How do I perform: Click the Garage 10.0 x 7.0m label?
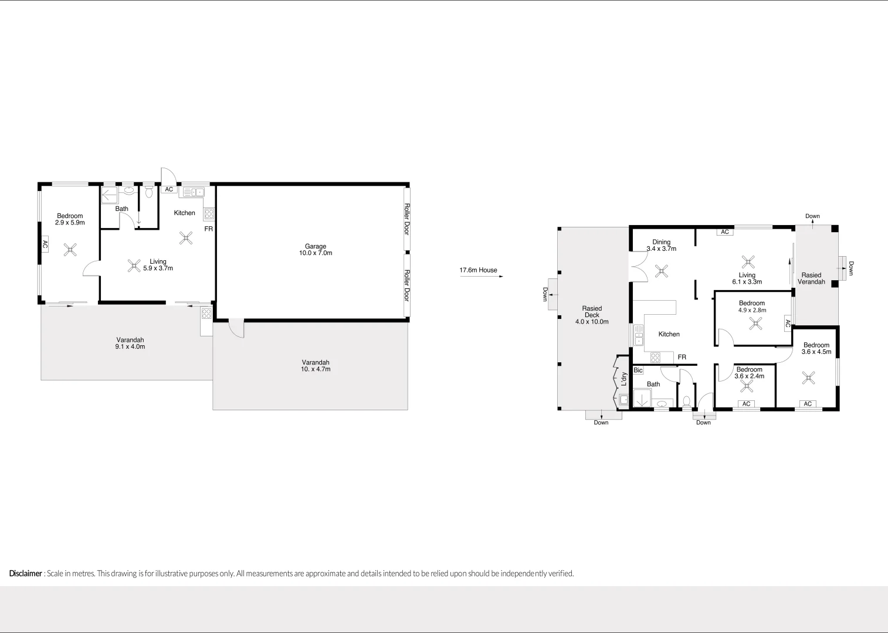coord(316,250)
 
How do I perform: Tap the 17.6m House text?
coord(478,270)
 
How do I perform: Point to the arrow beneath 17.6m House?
coord(482,277)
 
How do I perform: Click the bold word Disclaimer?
coord(26,573)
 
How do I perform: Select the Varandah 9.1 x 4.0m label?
coord(130,343)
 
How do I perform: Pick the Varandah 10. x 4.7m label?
coord(316,366)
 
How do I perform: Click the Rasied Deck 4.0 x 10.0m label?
coord(592,315)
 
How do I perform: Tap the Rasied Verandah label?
coord(811,278)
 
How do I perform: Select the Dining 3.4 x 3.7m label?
coord(661,245)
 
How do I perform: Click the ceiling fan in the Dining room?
coord(662,271)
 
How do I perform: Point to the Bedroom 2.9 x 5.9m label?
coord(70,219)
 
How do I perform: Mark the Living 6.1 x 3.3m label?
coord(747,278)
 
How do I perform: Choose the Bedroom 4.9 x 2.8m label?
coord(752,307)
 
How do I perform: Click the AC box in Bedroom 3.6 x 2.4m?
coord(746,404)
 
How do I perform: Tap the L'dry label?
coord(624,379)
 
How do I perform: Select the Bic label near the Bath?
coord(638,370)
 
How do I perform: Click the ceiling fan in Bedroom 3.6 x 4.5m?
coord(809,379)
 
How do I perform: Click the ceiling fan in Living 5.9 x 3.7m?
coord(134,266)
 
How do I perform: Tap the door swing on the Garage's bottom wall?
coord(236,329)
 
